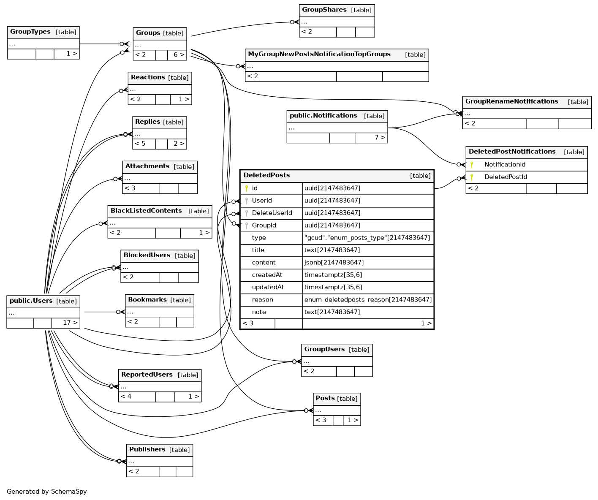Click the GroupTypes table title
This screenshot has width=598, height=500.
(30, 32)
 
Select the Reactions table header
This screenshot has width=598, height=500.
(148, 78)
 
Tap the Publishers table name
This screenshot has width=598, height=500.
(147, 450)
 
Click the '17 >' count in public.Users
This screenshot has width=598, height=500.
(70, 323)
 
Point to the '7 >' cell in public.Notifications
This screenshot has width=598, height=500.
(380, 138)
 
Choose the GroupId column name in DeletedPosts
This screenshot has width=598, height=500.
(264, 226)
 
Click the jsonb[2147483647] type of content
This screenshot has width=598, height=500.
(334, 263)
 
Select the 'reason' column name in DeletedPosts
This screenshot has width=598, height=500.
(262, 300)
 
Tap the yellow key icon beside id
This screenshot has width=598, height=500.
(247, 188)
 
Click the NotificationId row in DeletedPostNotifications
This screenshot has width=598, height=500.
(505, 165)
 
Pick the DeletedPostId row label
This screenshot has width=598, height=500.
(506, 177)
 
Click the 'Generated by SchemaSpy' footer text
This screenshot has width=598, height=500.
(47, 492)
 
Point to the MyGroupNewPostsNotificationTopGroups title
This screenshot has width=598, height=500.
(319, 54)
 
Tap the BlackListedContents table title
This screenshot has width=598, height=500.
(146, 211)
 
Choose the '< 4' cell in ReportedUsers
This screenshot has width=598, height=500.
(126, 397)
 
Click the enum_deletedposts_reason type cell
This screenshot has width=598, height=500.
(368, 300)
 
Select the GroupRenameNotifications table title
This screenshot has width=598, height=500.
(511, 102)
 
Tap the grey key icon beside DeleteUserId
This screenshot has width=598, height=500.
(247, 213)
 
